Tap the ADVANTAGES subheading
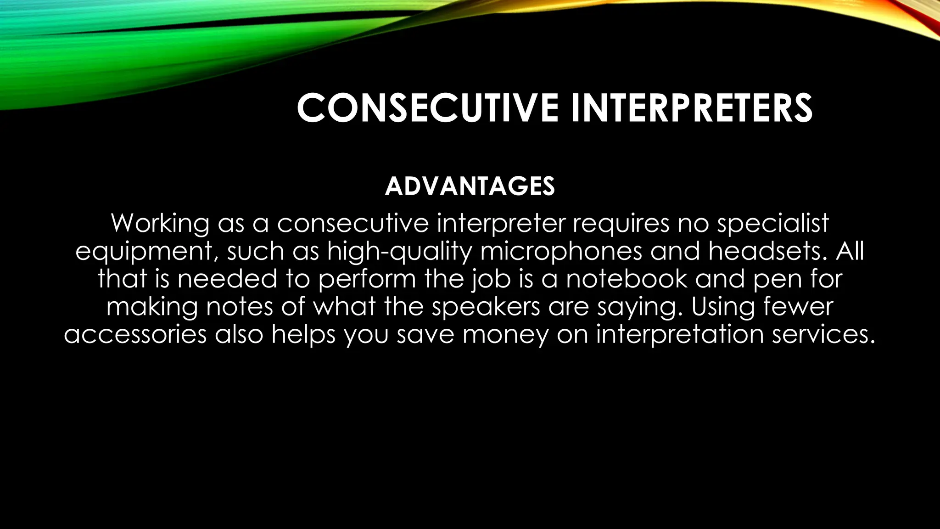tap(470, 186)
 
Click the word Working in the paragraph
tap(160, 224)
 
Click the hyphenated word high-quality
tap(399, 252)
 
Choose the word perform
tap(367, 280)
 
